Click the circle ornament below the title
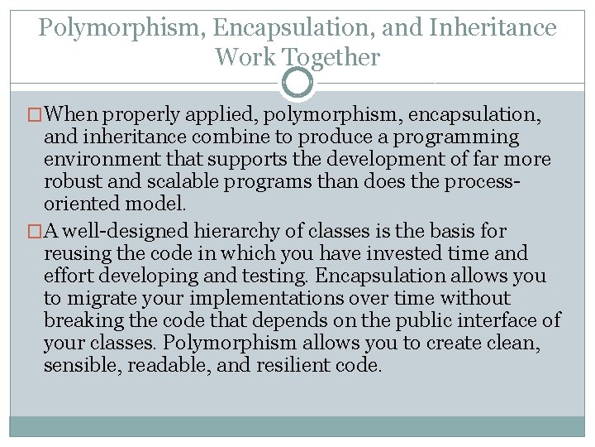click(297, 83)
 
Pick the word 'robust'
click(71, 181)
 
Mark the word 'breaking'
click(80, 320)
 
